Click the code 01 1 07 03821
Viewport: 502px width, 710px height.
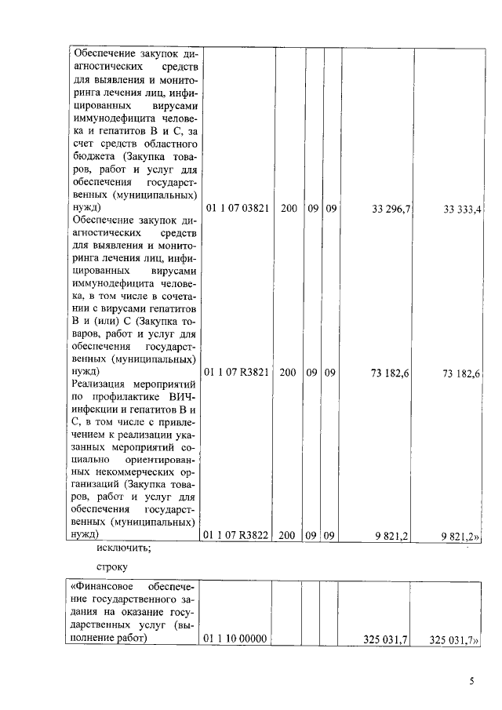tap(237, 209)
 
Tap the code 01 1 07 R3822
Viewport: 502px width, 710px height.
tap(237, 535)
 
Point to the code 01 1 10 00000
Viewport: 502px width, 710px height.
tap(237, 640)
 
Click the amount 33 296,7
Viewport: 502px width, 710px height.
tap(396, 209)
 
